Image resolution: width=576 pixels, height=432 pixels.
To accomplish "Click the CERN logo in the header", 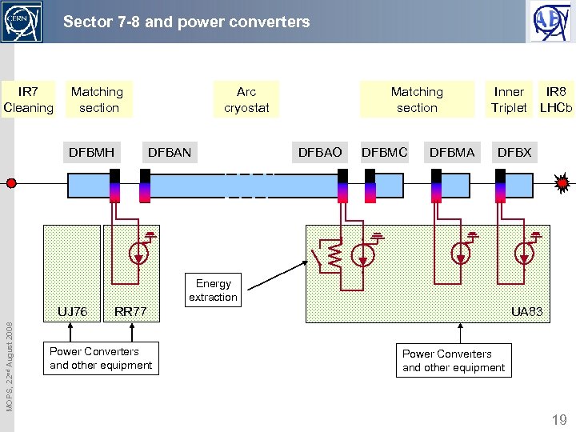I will click(22, 22).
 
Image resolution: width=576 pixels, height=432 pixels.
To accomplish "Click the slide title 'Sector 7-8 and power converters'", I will click(186, 22).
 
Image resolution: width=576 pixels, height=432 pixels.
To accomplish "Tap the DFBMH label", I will click(91, 152).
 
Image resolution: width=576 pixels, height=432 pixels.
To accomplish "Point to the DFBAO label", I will click(319, 152).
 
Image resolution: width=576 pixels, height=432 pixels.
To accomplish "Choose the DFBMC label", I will click(385, 152).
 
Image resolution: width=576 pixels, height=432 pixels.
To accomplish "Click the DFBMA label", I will click(452, 152).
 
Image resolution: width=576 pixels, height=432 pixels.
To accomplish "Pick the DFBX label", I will click(514, 152).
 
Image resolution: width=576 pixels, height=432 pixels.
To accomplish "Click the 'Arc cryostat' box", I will click(246, 100).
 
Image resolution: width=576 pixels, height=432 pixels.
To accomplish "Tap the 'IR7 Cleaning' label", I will click(29, 100).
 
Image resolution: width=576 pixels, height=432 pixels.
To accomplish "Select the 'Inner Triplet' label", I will click(509, 100).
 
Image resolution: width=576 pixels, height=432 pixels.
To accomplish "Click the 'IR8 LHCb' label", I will click(556, 100).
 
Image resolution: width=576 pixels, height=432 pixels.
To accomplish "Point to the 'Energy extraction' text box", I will click(213, 290).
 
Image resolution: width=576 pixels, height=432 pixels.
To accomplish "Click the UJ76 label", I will click(72, 311).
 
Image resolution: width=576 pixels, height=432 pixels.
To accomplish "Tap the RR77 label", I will click(130, 311).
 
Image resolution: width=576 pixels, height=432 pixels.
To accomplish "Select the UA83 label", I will click(526, 311).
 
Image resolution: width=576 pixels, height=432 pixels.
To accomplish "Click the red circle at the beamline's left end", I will click(11, 183).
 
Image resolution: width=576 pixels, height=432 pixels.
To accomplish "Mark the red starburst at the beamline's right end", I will click(562, 183).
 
